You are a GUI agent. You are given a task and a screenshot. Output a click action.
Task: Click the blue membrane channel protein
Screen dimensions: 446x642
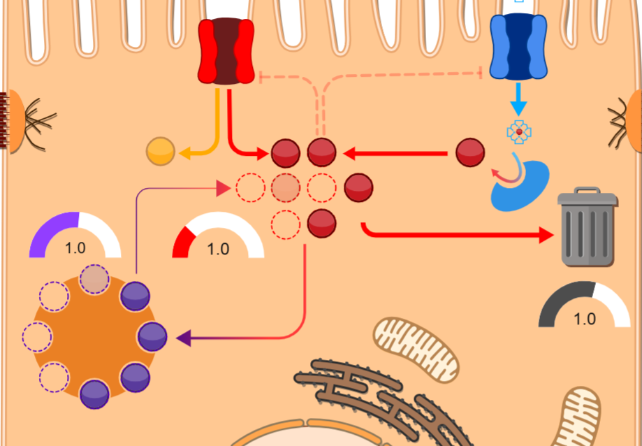[518, 46]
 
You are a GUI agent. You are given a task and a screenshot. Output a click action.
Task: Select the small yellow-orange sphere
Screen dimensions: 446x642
[160, 152]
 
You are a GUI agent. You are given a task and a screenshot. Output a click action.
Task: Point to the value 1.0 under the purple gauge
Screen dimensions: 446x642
[75, 248]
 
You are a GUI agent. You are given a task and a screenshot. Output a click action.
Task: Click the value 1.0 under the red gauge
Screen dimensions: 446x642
[218, 249]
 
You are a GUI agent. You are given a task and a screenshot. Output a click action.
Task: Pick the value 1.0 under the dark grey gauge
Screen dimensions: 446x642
[585, 319]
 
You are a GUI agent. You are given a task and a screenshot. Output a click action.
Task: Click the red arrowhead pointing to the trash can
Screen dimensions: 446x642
[545, 236]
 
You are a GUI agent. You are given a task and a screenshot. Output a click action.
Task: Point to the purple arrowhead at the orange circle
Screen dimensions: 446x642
[184, 338]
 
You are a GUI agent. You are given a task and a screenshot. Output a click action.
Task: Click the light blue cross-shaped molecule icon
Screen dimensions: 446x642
[519, 131]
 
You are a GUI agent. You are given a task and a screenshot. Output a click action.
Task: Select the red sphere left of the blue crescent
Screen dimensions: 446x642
[470, 152]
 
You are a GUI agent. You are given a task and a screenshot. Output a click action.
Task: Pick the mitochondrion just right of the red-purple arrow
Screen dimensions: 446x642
[417, 350]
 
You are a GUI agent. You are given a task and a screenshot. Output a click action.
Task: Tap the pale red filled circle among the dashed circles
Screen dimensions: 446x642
[285, 187]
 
